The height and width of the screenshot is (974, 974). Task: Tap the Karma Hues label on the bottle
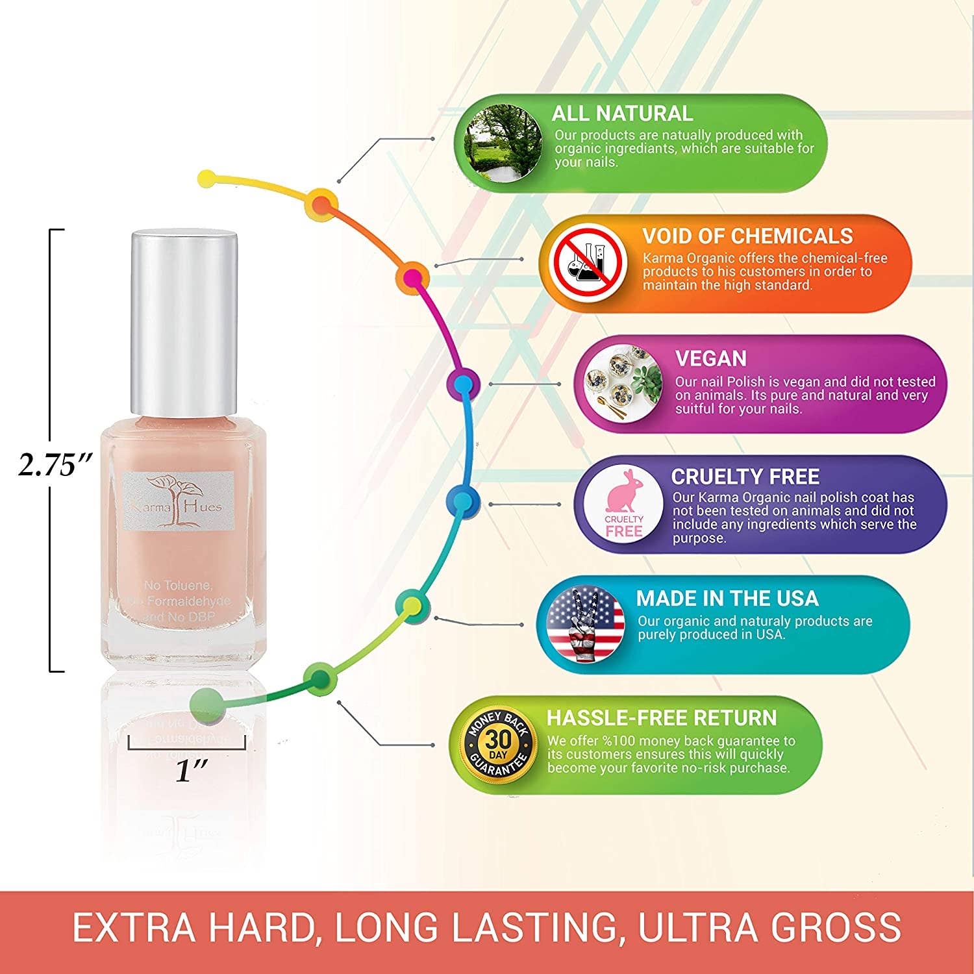178,501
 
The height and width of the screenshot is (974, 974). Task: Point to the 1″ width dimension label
192,771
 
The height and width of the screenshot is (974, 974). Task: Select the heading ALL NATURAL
621,114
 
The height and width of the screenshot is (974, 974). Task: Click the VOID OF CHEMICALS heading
747,236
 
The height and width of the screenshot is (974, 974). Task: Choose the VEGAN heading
710,358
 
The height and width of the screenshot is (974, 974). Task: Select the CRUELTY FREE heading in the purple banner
745,477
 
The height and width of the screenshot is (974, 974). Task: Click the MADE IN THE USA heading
727,598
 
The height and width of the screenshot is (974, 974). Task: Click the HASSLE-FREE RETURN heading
661,718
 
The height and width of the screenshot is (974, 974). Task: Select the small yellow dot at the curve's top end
206,177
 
